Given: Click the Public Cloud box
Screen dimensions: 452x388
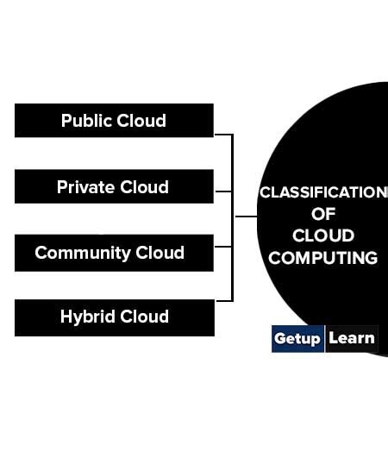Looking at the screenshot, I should [114, 121].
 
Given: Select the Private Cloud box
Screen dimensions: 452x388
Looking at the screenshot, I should [114, 186].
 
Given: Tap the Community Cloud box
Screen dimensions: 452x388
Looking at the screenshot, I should [114, 253].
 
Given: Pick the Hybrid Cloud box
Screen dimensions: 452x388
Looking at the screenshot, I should [114, 317].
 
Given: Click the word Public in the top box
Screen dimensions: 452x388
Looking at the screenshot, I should [84, 121].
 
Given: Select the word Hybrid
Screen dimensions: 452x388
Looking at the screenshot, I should [87, 317].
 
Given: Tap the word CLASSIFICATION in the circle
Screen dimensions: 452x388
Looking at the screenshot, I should [323, 191].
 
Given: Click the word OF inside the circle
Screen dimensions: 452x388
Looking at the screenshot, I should [324, 214].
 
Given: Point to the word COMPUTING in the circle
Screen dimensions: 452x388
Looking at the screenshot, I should [323, 257].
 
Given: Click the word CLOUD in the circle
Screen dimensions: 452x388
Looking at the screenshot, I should [323, 235].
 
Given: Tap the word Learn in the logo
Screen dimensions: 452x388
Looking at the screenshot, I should [351, 338].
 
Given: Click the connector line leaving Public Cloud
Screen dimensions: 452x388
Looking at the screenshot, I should [222, 135].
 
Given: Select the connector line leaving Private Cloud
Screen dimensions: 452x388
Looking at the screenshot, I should [222, 191].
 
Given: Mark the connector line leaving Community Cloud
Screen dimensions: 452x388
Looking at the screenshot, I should [222, 246].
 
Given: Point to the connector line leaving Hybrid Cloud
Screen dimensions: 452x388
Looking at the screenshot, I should [222, 300].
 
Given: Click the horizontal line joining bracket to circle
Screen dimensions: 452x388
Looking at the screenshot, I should [245, 217].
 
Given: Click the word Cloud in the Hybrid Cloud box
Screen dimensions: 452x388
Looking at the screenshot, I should [144, 317].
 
